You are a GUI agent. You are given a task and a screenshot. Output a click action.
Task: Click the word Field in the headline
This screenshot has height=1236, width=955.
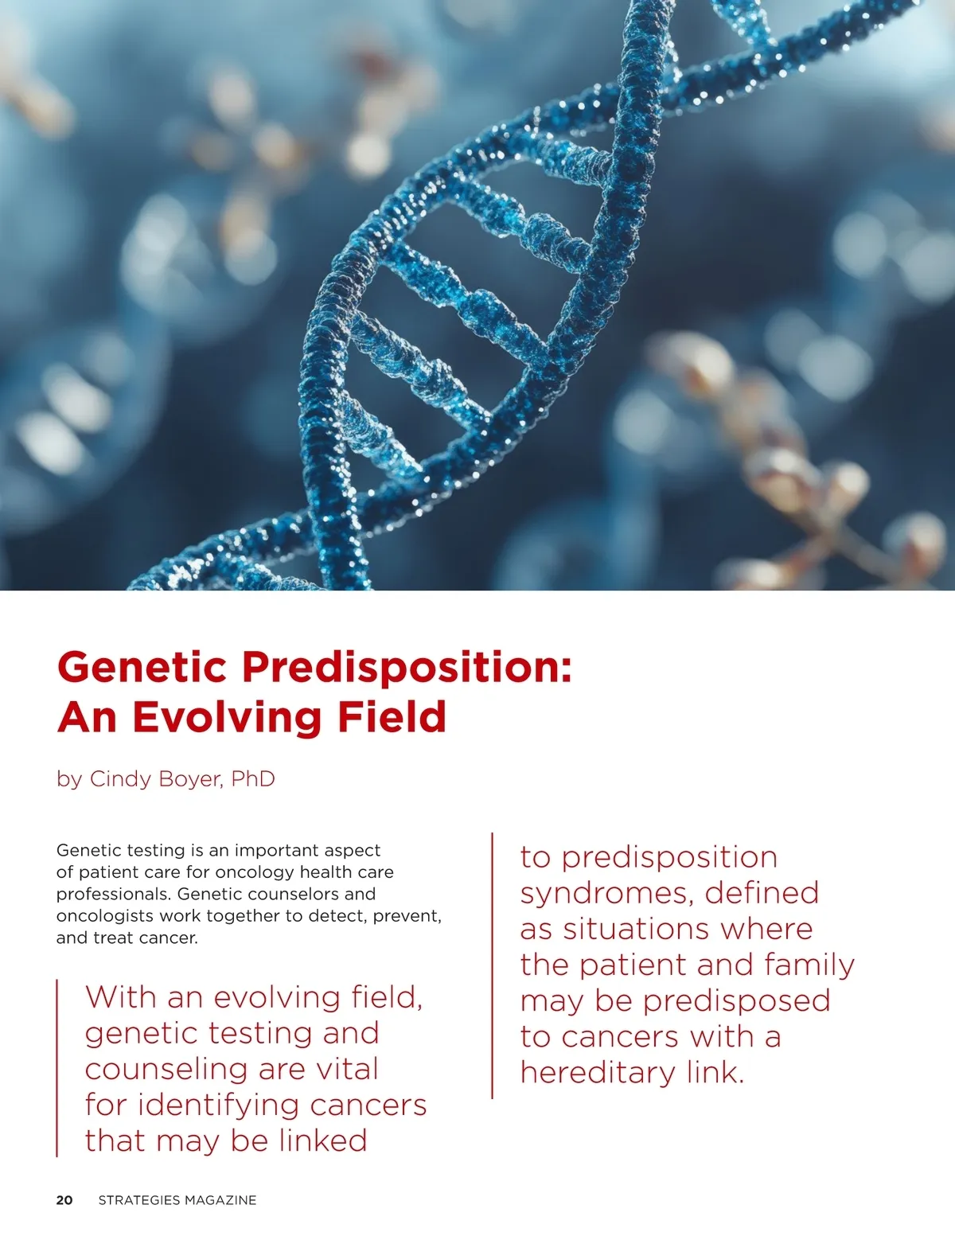coord(392,716)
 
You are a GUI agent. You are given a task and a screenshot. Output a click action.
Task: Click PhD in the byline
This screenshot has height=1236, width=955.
coord(253,778)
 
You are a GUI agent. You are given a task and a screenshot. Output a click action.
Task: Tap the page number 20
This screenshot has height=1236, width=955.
coord(64,1200)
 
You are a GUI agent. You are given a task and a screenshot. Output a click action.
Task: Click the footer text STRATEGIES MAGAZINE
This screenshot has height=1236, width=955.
coord(177,1200)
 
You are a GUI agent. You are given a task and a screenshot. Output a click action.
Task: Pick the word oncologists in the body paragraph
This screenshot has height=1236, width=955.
coord(105,916)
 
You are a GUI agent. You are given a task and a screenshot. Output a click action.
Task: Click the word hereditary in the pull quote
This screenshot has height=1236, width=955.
coord(598,1073)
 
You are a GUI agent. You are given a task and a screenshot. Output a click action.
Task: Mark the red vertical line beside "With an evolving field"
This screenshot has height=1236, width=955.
coord(57,1067)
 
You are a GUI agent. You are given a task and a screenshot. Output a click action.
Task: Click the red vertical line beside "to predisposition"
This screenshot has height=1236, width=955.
coord(492,965)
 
